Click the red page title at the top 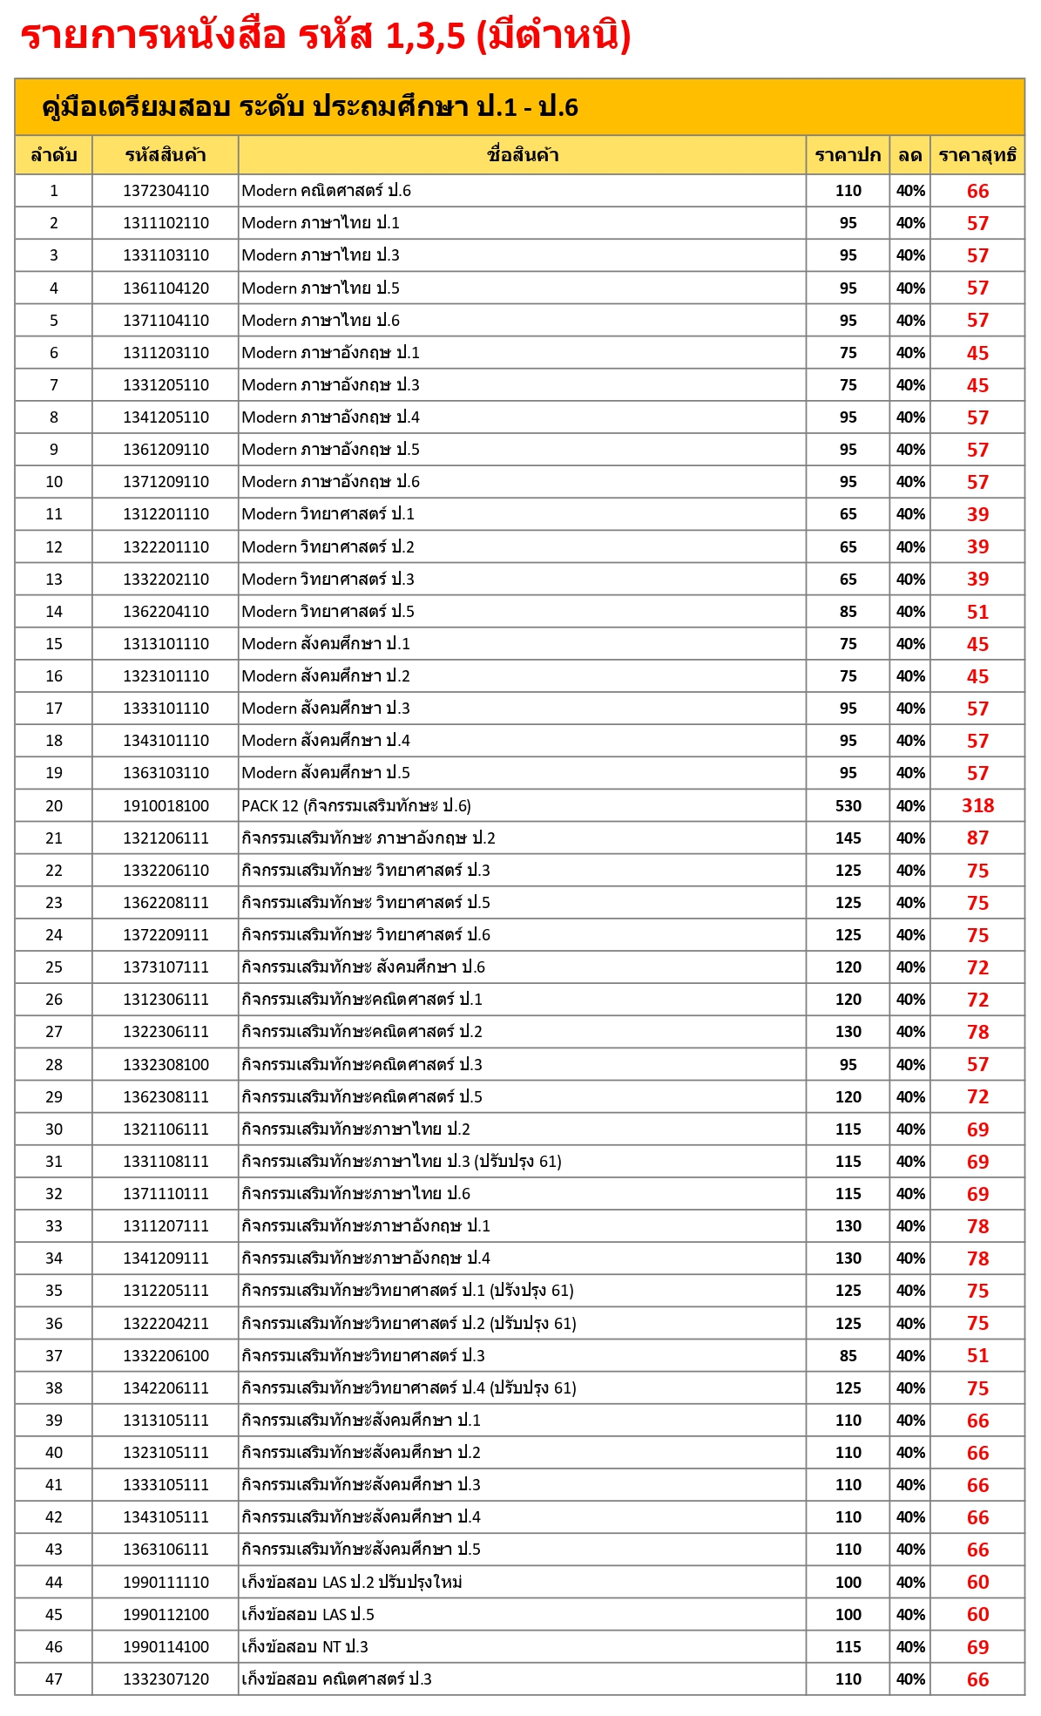[325, 37]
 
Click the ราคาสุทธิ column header [977, 156]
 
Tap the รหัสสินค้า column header [166, 156]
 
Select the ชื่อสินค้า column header [522, 156]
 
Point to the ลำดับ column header [54, 156]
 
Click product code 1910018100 [166, 806]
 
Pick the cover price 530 [848, 806]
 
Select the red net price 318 [977, 806]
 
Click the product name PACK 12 [355, 806]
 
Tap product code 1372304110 [166, 191]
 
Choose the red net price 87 [977, 838]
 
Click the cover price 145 [848, 838]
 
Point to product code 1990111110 [166, 1583]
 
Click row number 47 [54, 1679]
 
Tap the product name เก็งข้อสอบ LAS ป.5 [308, 1615]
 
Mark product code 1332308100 [166, 1065]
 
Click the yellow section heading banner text [309, 107]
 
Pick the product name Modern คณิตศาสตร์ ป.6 [326, 191]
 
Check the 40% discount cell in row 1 [910, 191]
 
